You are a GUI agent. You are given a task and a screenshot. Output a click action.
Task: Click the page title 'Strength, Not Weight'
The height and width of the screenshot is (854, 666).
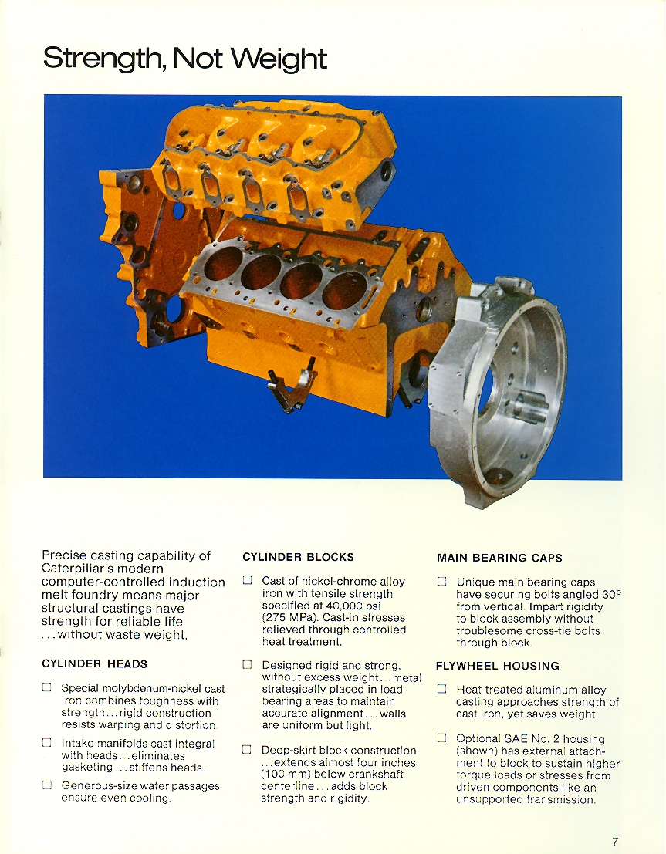coord(185,59)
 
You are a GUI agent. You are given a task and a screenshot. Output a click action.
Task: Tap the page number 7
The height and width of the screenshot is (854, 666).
coord(615,841)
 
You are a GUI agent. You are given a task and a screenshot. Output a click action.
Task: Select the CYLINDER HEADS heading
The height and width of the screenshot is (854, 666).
coord(94,663)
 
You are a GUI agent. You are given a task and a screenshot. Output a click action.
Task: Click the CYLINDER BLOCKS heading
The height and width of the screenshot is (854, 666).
coord(298,557)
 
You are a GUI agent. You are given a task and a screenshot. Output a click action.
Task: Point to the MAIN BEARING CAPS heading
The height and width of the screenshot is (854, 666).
coord(499,558)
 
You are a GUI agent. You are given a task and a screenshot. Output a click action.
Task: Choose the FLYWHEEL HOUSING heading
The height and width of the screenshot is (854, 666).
coord(498,666)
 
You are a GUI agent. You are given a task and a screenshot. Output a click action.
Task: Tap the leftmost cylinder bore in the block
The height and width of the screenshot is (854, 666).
coord(222,265)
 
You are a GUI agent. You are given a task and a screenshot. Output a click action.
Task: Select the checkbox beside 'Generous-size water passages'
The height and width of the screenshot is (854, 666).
coord(47,785)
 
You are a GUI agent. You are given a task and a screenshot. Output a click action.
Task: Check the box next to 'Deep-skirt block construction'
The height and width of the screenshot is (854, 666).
coord(247,749)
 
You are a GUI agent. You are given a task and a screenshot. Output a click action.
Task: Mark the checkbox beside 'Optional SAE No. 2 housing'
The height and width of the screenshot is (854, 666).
coord(441,738)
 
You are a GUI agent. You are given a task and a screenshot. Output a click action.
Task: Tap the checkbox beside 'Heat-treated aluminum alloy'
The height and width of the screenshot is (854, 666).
coord(441,689)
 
